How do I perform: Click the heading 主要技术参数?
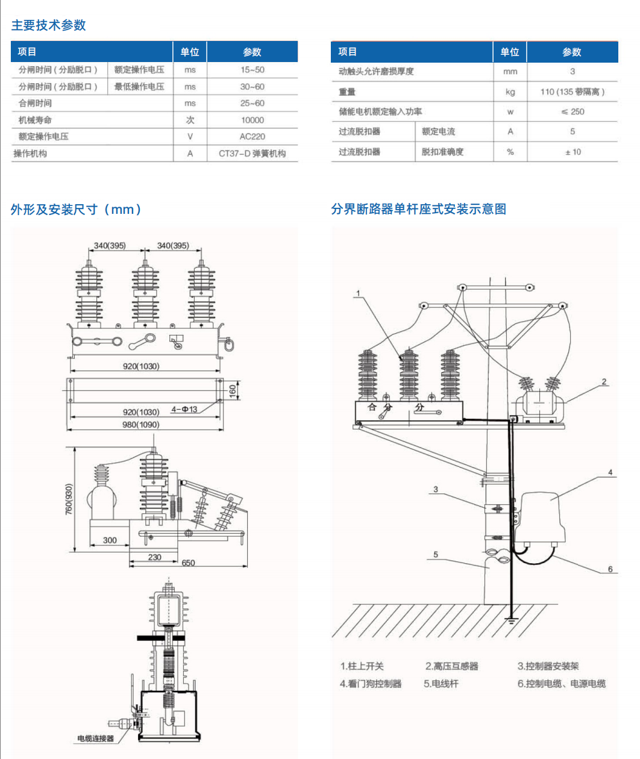[48, 25]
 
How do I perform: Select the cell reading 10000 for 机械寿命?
[252, 120]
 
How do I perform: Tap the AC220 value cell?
[252, 137]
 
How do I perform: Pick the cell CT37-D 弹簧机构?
[252, 154]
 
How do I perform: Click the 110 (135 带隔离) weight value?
[572, 92]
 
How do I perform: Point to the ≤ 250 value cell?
[572, 111]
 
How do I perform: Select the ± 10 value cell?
[573, 152]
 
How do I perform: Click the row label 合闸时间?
[35, 103]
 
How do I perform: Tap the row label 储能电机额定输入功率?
[380, 111]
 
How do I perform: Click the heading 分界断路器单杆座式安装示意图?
[418, 209]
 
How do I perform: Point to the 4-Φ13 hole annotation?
[184, 410]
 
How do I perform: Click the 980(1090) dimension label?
[141, 425]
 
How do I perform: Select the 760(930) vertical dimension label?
[69, 499]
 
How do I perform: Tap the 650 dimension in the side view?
[188, 563]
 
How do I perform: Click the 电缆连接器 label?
[95, 739]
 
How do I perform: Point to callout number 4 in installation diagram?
[610, 472]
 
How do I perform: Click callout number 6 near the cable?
[610, 569]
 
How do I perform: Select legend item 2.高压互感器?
[451, 666]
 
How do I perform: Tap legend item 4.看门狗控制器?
[370, 684]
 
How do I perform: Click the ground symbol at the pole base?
[510, 619]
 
